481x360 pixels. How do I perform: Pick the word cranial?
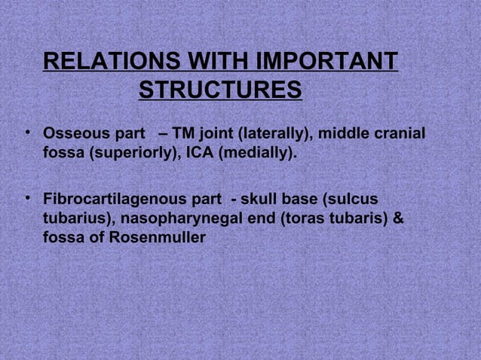point(400,136)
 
